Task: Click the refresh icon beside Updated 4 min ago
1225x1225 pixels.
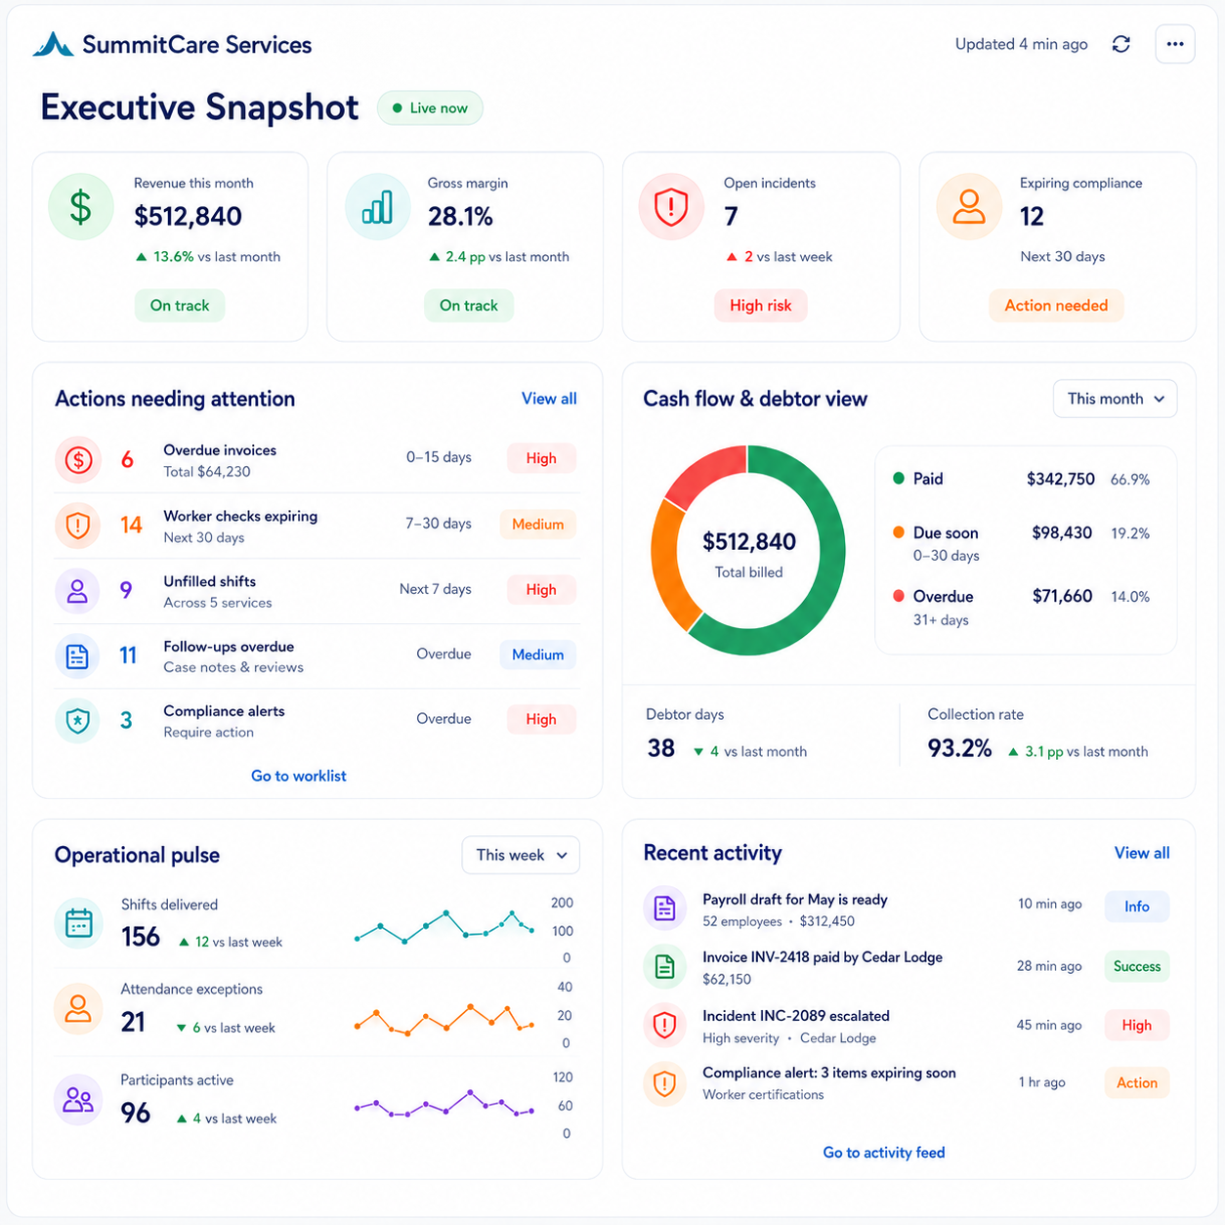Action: tap(1120, 44)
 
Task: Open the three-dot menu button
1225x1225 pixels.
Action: tap(1175, 44)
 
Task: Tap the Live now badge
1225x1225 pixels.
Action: tap(430, 108)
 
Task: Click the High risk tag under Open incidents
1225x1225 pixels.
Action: tap(760, 306)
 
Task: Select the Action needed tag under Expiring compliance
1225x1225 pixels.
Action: tap(1056, 306)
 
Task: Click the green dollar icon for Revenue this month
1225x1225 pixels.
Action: tap(81, 207)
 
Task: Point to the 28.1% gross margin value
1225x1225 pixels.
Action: tap(460, 217)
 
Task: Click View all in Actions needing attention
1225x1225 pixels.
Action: tap(549, 399)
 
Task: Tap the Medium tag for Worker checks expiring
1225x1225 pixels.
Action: tap(538, 525)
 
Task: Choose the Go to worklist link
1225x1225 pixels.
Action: tap(299, 776)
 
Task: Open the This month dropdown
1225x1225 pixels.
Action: tap(1115, 399)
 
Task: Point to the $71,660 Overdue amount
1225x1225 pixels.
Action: tap(1062, 596)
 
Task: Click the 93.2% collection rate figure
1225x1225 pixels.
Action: tap(959, 748)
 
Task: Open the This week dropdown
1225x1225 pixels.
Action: tap(521, 855)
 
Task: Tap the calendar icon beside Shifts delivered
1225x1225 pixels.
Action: tap(79, 924)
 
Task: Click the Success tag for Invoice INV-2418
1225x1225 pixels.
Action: tap(1137, 966)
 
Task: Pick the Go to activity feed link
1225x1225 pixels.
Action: tap(884, 1153)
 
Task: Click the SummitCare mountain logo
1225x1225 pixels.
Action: tap(54, 44)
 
